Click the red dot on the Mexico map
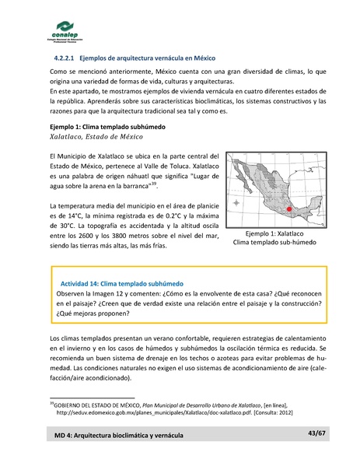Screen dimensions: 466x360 click(288, 209)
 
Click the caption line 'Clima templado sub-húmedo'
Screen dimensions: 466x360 click(274, 243)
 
